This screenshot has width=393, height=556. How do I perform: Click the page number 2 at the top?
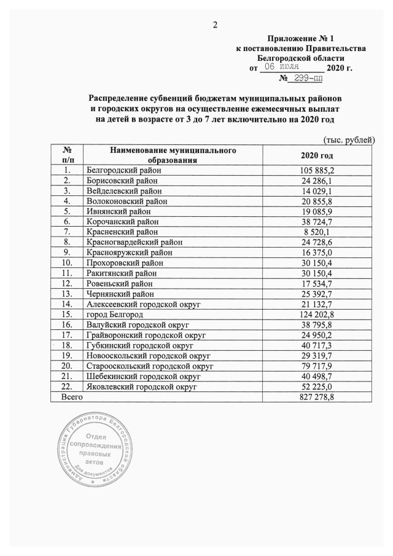point(215,25)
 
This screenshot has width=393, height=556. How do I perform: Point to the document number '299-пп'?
point(308,79)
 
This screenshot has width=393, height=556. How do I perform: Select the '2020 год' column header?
point(317,155)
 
